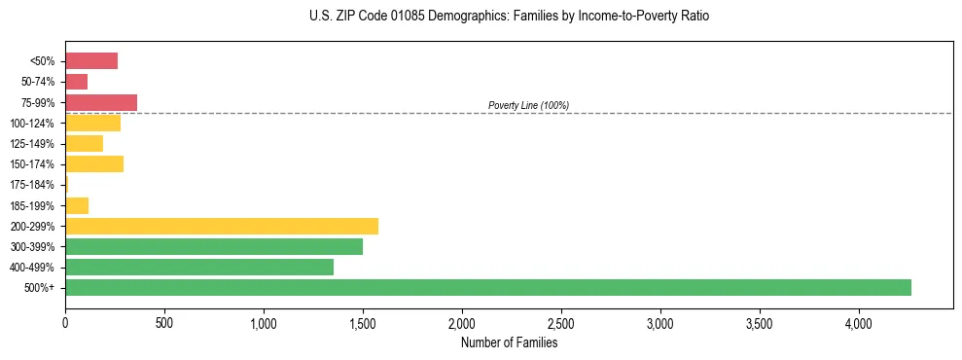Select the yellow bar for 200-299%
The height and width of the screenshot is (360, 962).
point(222,226)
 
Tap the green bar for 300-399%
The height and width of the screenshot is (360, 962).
point(214,246)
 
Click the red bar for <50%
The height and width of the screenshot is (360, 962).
point(91,61)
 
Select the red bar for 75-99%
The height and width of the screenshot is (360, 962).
point(101,102)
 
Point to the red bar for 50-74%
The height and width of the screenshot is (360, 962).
point(77,82)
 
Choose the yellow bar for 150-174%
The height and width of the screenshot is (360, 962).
point(94,163)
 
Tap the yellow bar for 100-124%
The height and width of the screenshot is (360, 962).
point(93,123)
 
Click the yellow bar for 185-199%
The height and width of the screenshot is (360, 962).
point(77,205)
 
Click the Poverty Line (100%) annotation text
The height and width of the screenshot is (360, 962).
point(528,105)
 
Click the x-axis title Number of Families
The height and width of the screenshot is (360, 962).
point(510,342)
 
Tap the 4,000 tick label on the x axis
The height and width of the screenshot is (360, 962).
point(859,322)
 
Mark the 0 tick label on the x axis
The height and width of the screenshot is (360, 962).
point(65,322)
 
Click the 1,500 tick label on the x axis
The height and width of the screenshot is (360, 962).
point(363,322)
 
